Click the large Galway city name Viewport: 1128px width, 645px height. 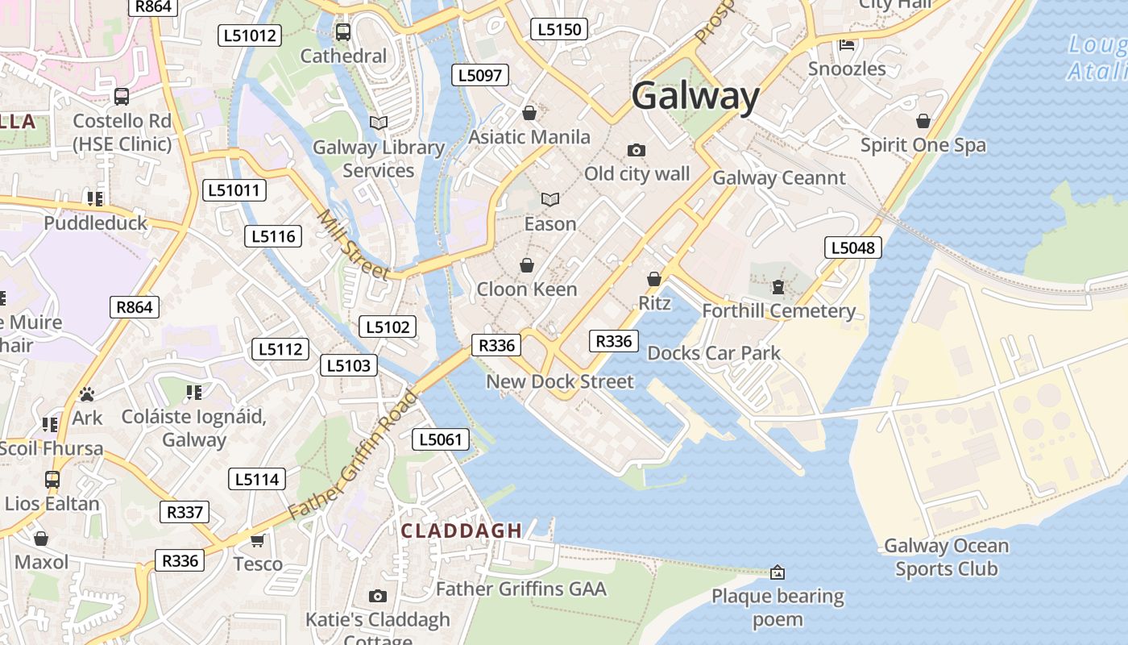point(695,97)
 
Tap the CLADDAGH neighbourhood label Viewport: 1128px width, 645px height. point(462,531)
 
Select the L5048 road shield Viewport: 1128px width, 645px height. point(852,248)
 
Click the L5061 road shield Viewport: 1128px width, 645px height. point(440,439)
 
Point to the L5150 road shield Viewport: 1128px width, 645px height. point(559,30)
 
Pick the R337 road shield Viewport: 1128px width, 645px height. point(185,512)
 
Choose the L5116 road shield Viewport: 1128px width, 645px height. point(273,236)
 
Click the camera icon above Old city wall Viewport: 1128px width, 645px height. point(636,151)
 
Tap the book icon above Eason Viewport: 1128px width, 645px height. point(550,199)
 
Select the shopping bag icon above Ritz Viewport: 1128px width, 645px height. point(654,279)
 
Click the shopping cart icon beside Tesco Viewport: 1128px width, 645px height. point(258,540)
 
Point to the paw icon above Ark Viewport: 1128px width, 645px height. point(87,394)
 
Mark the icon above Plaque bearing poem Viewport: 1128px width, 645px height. point(778,572)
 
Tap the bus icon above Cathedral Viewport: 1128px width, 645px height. point(343,32)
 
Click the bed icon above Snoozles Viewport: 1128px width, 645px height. point(847,45)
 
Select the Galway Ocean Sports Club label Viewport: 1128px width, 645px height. point(946,557)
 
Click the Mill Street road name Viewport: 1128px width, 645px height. point(354,245)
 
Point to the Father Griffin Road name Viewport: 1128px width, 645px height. point(354,456)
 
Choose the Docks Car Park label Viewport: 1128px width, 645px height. point(714,353)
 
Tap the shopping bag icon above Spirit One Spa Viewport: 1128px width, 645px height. point(923,122)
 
